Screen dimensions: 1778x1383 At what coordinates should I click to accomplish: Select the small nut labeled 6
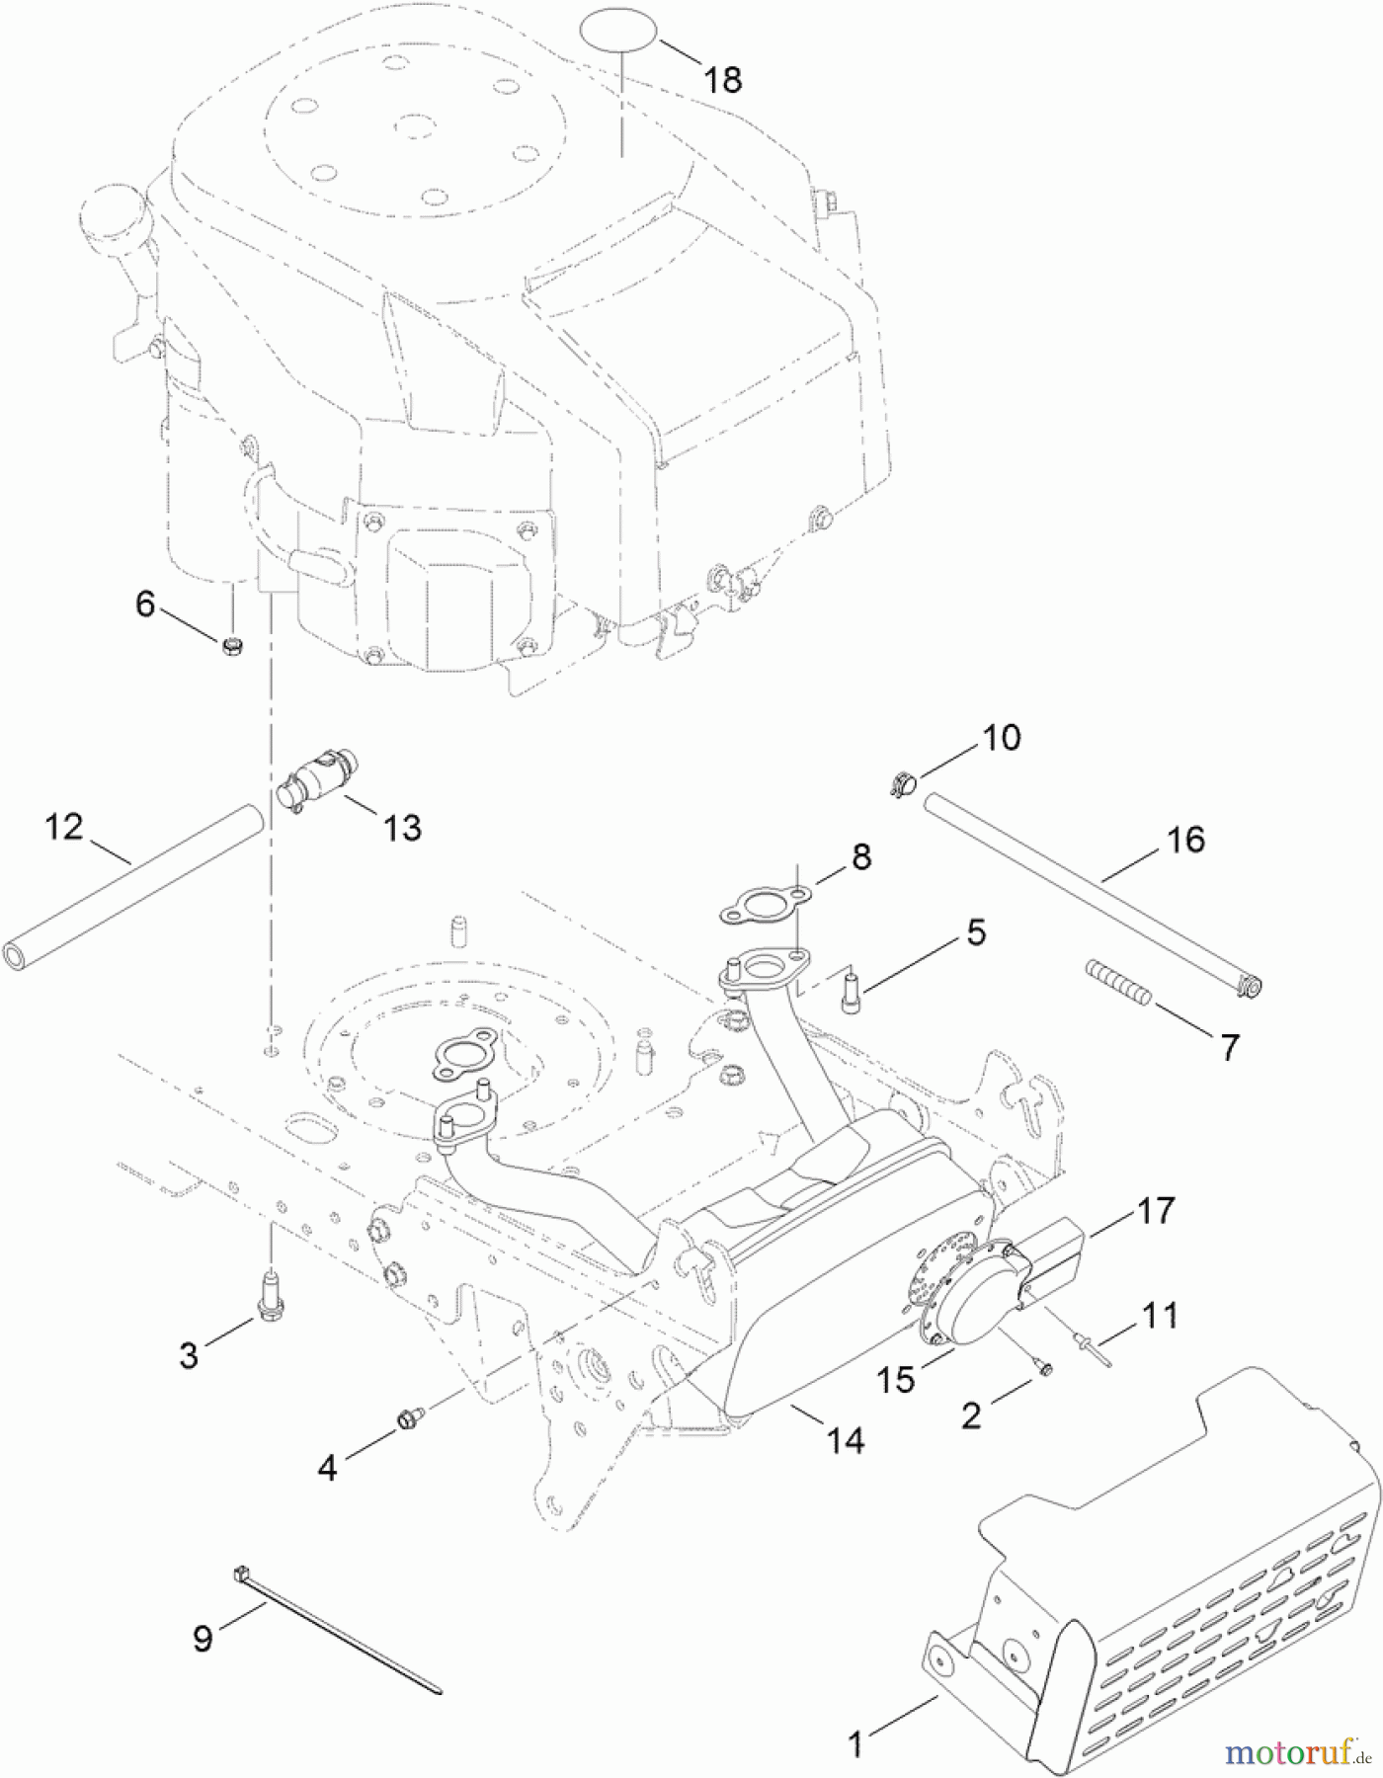click(x=233, y=647)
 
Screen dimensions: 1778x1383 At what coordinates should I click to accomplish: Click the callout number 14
click(x=845, y=1440)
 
